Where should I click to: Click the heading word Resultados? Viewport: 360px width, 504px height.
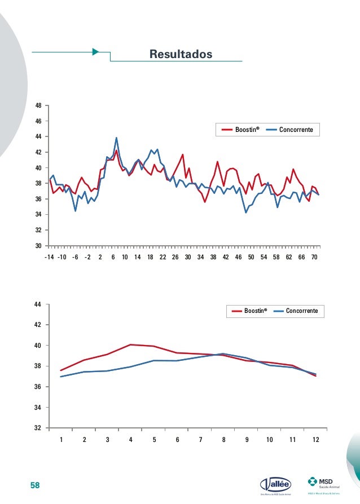pos(181,54)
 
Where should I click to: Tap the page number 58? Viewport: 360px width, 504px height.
pos(36,485)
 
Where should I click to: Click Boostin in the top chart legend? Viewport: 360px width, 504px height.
pos(247,130)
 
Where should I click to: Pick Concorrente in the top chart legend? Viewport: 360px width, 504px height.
pos(300,130)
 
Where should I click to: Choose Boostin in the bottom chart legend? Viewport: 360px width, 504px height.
pos(256,311)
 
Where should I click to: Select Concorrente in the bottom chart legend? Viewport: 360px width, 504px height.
pos(302,311)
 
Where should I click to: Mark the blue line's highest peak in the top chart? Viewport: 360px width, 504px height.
pos(116,138)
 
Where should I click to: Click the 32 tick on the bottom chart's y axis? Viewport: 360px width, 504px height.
pos(38,428)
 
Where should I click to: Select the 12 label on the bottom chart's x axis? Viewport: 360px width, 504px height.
pos(315,440)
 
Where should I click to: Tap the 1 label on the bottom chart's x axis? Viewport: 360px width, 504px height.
pos(61,440)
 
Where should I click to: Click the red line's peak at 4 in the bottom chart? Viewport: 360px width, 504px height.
pos(130,344)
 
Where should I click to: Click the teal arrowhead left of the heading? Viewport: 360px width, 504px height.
pos(95,52)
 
